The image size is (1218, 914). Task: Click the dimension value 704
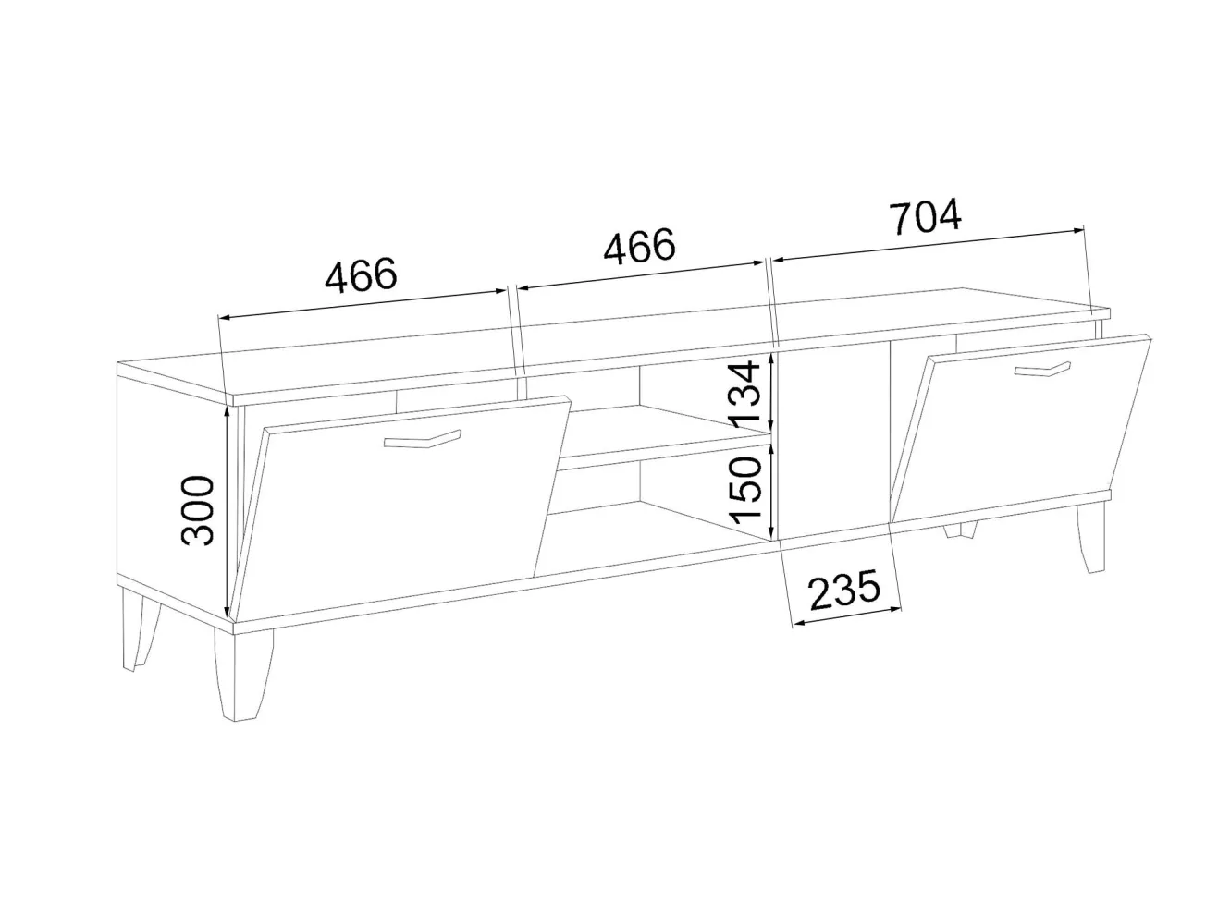(926, 216)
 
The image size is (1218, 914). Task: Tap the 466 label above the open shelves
(639, 246)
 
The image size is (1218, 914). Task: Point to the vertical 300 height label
(198, 510)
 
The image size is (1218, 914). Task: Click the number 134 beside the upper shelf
(744, 394)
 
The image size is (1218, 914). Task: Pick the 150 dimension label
(745, 491)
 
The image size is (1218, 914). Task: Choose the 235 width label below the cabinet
(845, 588)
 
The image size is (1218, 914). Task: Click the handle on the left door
(422, 438)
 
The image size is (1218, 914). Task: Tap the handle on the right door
(1042, 369)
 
